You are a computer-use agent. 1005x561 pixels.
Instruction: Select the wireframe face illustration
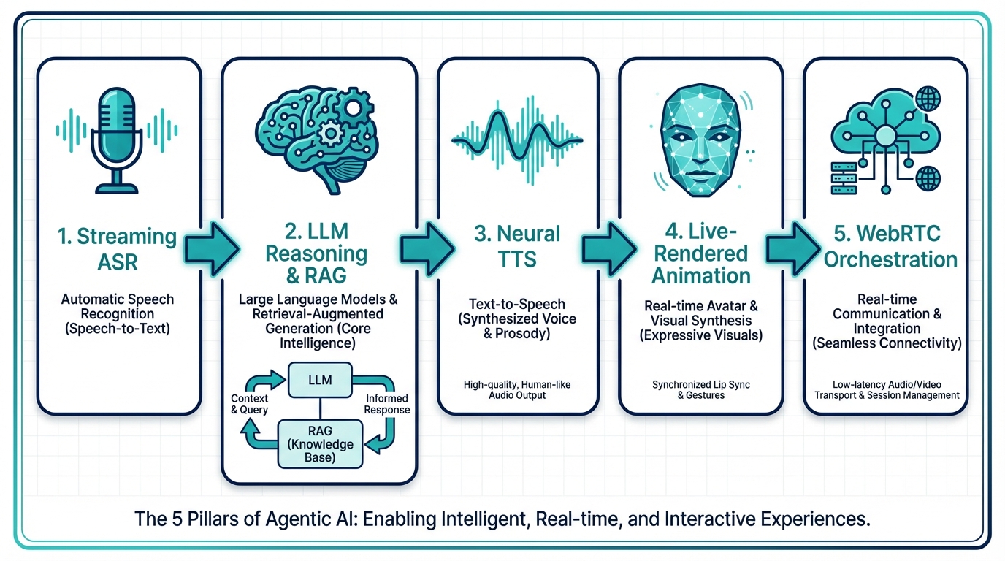[x=700, y=146]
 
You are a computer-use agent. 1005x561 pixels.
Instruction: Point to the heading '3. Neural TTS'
[x=518, y=246]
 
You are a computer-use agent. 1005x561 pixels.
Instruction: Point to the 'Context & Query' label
[x=249, y=404]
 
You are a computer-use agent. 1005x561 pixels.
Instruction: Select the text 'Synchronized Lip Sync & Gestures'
[x=699, y=389]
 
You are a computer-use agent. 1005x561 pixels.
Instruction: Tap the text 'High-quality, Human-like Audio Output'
[x=518, y=389]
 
